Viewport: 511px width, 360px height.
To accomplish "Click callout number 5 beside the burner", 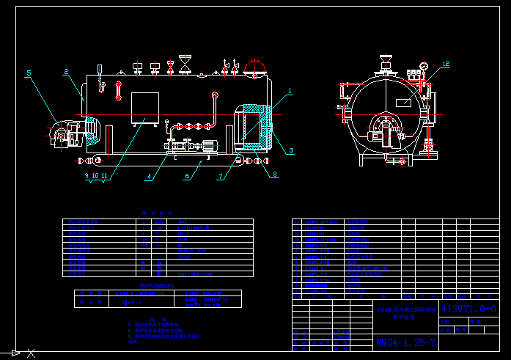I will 29,73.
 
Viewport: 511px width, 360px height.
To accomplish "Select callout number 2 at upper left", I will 66,71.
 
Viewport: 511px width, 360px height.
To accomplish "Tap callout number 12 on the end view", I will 446,65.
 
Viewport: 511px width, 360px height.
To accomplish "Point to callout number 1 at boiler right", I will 290,92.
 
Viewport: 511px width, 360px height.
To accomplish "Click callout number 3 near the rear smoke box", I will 290,150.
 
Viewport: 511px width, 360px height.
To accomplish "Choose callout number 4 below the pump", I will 150,177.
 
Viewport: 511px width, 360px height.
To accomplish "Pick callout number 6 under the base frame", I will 188,176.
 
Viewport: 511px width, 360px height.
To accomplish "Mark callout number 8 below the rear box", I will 275,175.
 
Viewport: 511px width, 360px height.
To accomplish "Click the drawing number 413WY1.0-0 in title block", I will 468,308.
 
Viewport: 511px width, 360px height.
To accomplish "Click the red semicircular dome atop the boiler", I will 255,67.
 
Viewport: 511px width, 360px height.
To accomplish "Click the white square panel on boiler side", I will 144,108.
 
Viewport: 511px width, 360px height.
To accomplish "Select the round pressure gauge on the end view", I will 423,67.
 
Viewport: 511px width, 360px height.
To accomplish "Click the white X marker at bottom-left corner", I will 31,353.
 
